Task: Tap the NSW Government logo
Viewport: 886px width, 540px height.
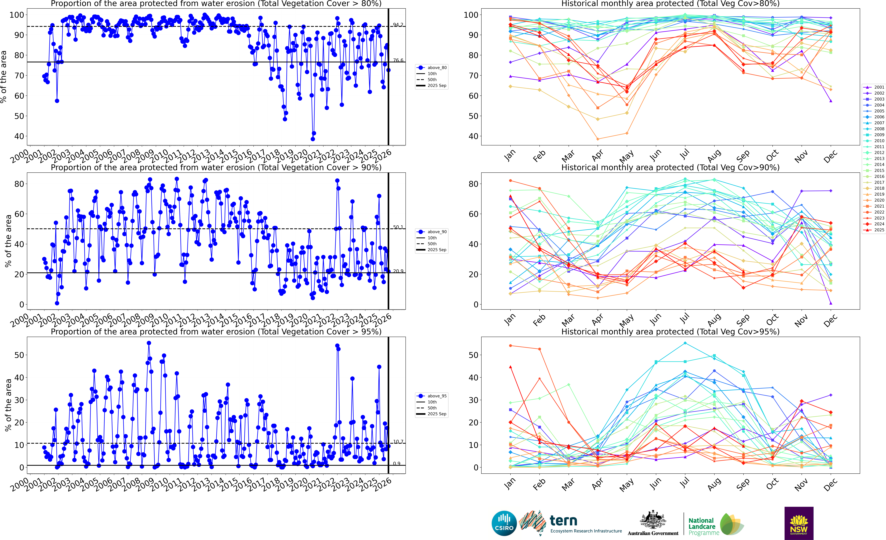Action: click(x=799, y=523)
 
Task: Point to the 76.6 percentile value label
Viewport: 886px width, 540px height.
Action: click(x=398, y=60)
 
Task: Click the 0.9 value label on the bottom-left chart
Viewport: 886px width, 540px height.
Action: click(x=397, y=463)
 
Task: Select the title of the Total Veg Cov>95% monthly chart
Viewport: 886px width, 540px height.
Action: click(x=670, y=332)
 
